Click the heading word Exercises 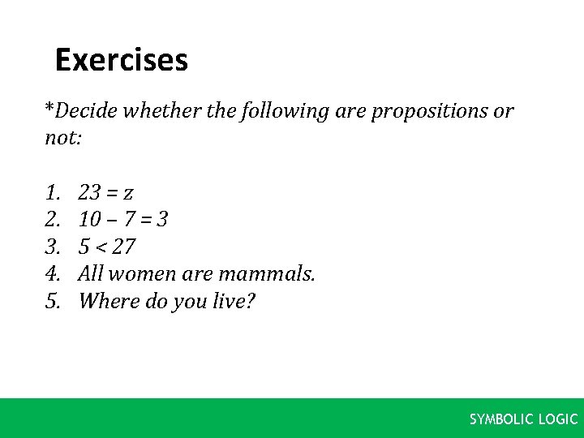[121, 61]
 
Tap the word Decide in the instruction [84, 111]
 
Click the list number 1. [54, 193]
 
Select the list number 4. [54, 274]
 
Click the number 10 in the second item [90, 220]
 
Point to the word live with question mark [234, 302]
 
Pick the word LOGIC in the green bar [558, 419]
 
